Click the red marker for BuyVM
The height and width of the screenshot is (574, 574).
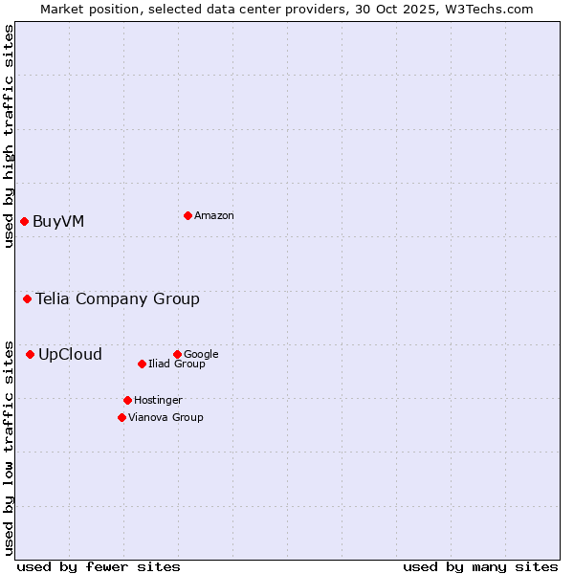coord(24,222)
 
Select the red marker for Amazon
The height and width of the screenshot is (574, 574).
coord(188,215)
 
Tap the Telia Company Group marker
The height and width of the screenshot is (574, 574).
coord(27,299)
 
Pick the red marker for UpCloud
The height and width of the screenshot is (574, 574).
coord(30,355)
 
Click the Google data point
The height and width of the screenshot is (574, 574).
coord(177,354)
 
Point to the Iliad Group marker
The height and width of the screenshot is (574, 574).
coord(142,364)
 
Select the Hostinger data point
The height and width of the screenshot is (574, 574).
coord(127,400)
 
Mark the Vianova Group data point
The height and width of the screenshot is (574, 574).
coord(121,417)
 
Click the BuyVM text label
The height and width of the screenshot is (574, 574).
coord(58,222)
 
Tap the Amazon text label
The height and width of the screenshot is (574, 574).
coord(214,215)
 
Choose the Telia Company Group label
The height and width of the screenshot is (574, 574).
coord(118,299)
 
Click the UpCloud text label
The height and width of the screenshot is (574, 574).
coord(70,355)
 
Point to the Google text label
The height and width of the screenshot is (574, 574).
coord(201,354)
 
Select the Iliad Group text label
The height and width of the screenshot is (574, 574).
coord(177,364)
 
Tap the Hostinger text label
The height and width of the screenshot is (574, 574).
coord(158,400)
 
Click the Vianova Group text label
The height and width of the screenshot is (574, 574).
coord(166,417)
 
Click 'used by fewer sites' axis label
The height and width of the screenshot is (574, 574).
coord(99,566)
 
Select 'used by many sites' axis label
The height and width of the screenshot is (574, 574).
coord(480,566)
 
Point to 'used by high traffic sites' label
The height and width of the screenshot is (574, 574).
coord(9,136)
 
